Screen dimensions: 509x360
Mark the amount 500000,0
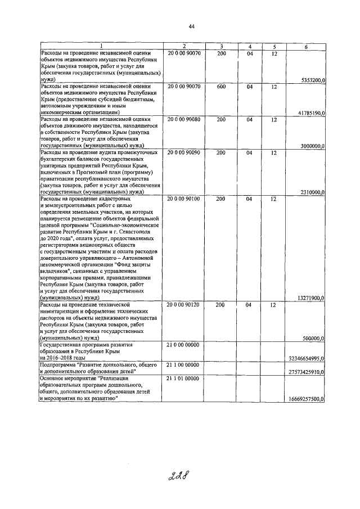coord(314,338)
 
